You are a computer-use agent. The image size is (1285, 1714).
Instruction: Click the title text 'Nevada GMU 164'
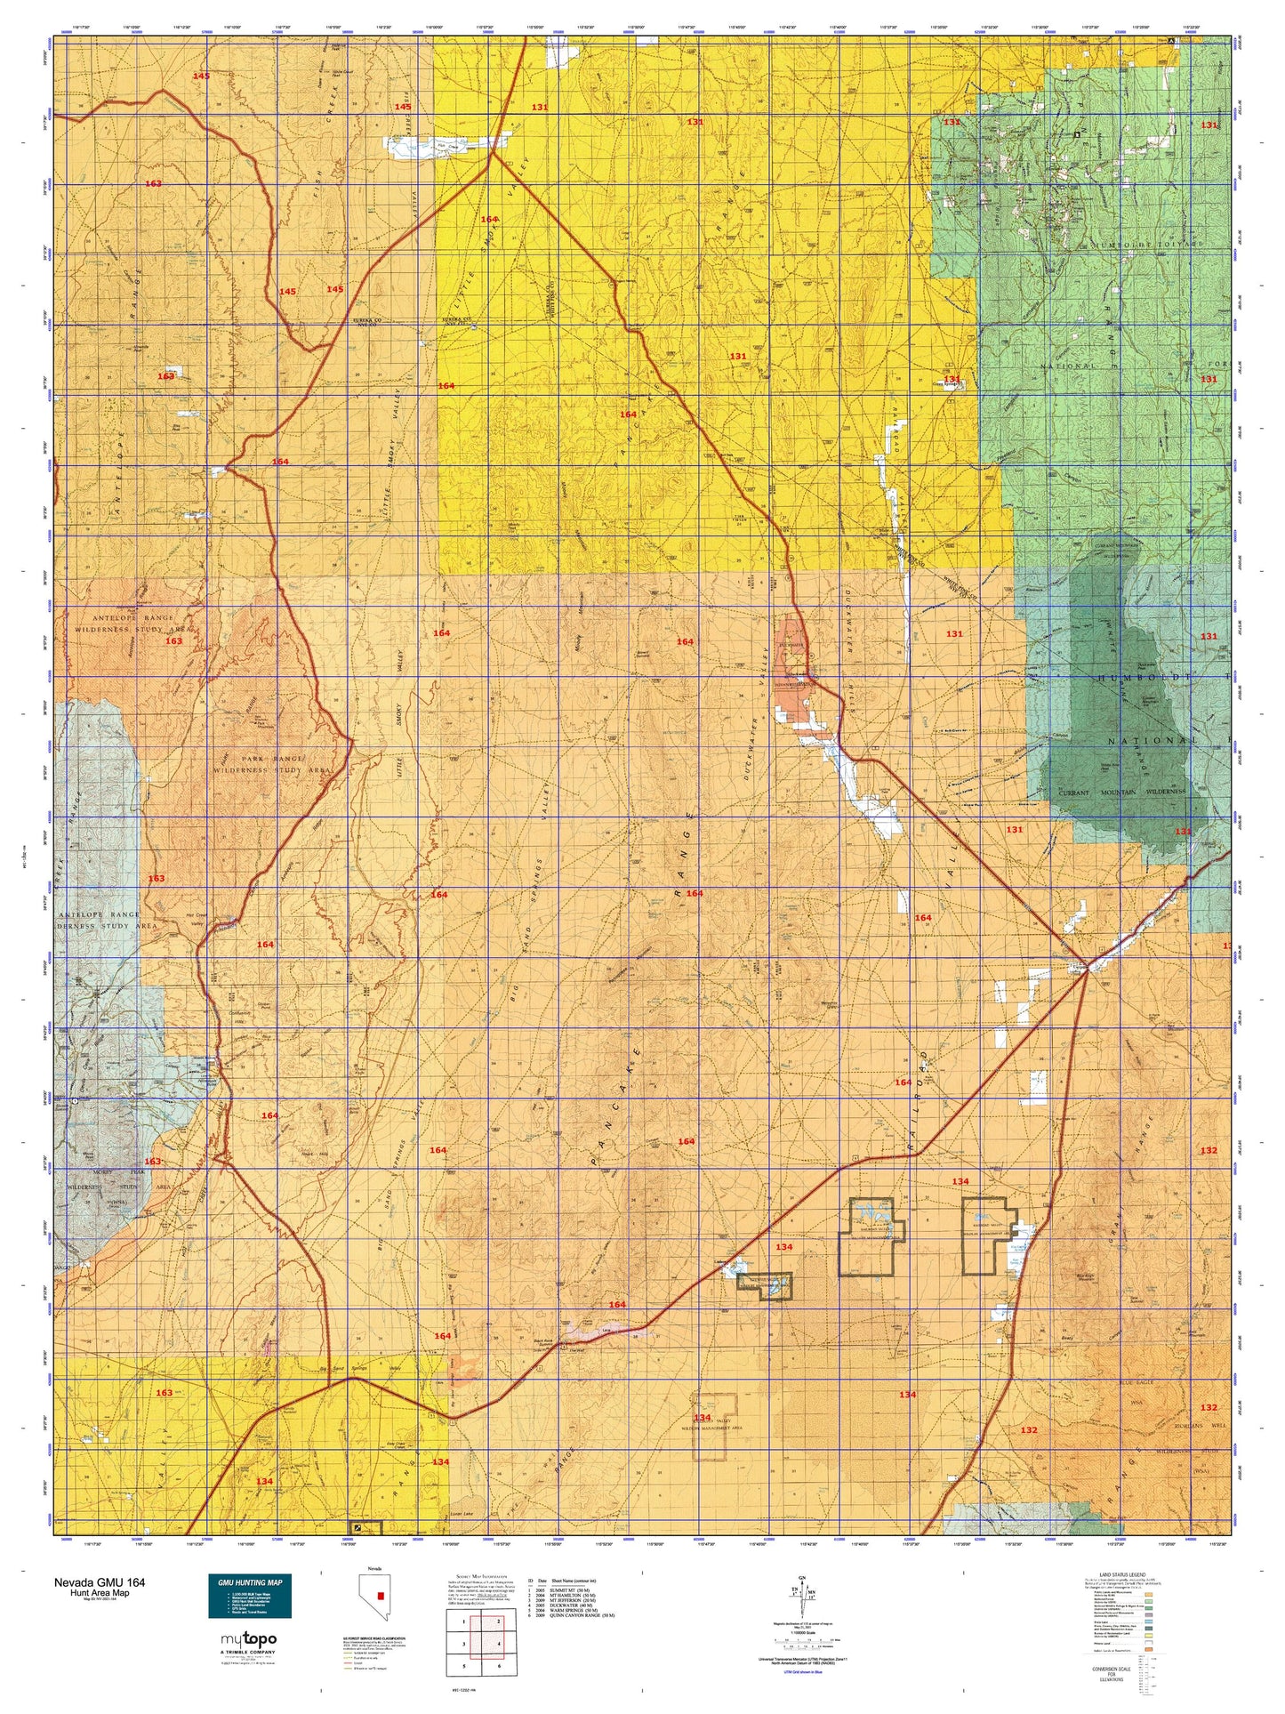pos(100,1582)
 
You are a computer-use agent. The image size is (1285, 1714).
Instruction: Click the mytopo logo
pos(248,1640)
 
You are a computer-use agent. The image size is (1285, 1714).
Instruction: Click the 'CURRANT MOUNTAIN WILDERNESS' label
pos(1120,791)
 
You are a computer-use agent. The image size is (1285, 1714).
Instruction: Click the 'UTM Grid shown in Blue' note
pos(808,1672)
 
